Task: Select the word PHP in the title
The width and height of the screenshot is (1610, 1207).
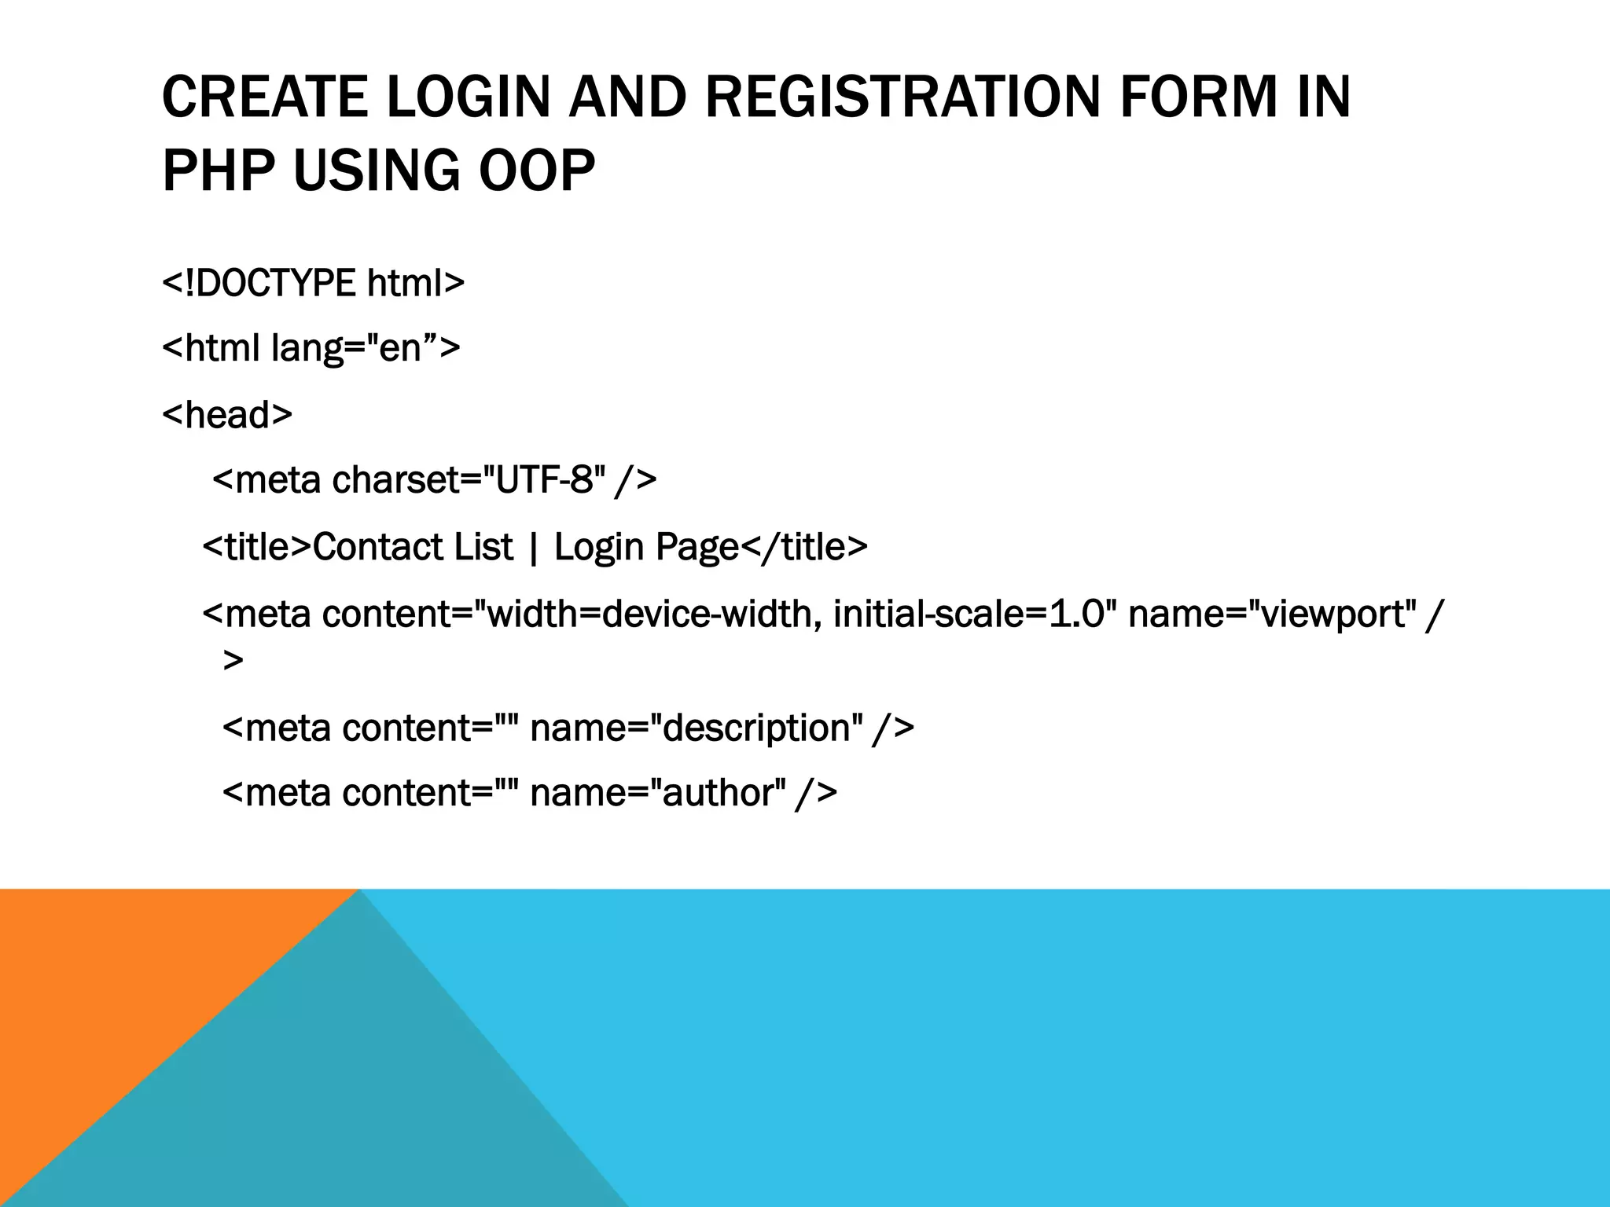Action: point(218,171)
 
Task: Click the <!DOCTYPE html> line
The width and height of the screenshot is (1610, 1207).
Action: point(313,283)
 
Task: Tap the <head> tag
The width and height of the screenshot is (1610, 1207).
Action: point(226,414)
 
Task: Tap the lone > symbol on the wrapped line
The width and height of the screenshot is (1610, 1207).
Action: point(233,660)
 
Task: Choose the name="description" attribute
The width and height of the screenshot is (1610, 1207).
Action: point(697,728)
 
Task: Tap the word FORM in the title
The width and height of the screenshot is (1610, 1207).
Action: point(1198,97)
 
